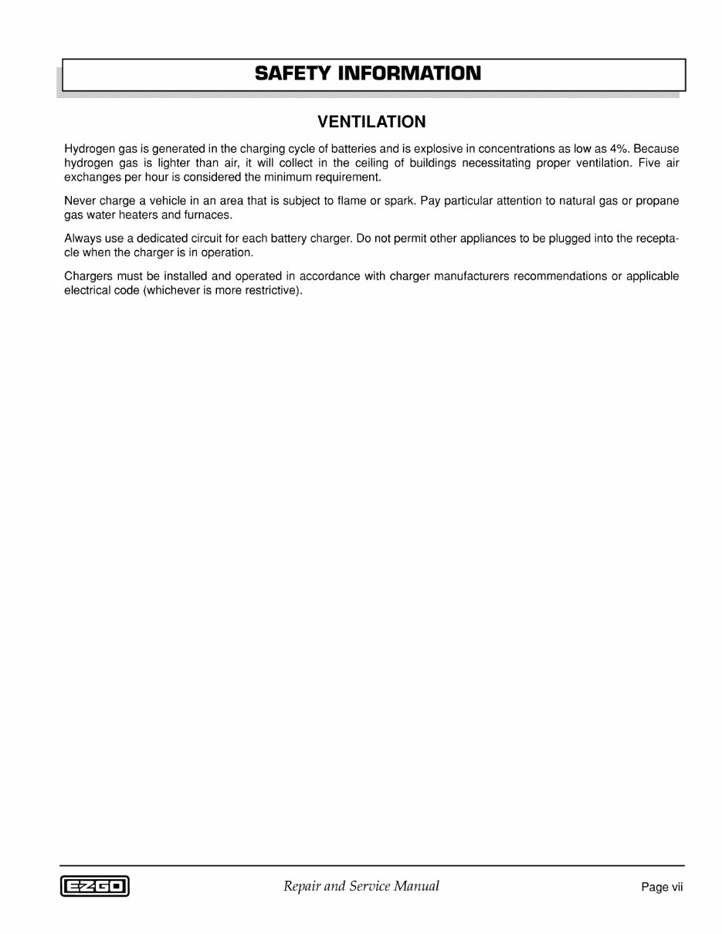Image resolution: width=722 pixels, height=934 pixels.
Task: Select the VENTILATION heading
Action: coord(371,122)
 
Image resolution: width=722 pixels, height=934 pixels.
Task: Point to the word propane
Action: coord(657,201)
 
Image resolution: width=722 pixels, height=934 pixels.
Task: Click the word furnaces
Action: coord(207,215)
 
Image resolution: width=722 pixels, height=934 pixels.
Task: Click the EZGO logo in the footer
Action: coord(94,887)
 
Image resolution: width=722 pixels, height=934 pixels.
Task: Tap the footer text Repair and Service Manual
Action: coord(361,886)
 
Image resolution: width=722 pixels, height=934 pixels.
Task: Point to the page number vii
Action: coord(676,887)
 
